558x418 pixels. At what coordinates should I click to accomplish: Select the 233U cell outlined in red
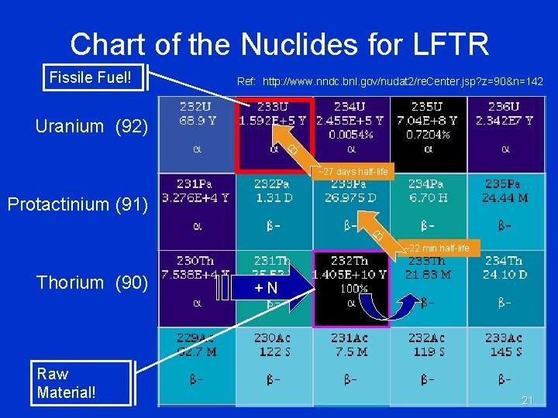coord(274,135)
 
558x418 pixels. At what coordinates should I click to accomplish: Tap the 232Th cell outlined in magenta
coord(350,288)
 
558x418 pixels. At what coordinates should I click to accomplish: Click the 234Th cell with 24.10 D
coord(505,288)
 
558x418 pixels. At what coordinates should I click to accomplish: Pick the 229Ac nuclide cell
coord(198,365)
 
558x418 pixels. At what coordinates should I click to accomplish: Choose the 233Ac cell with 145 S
coord(505,365)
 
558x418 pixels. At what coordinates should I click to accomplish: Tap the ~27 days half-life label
coord(353,171)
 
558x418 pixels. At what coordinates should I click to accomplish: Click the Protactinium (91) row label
coord(77,204)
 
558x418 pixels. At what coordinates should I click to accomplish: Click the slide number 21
coord(528,400)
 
